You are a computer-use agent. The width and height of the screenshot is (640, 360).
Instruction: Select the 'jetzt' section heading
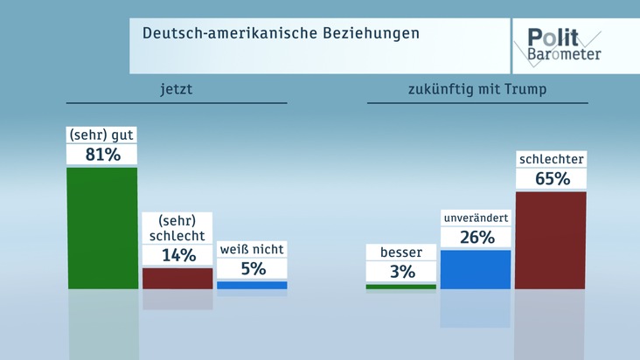177,89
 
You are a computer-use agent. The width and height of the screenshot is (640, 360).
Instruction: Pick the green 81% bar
102,227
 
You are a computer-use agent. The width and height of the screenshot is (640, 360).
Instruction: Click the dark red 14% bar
177,278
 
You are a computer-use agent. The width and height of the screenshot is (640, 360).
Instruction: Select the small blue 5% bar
252,285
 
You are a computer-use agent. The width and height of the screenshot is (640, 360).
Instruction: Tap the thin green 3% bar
400,286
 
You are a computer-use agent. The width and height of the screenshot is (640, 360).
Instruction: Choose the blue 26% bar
475,269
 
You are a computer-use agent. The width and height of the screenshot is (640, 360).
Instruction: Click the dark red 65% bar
550,239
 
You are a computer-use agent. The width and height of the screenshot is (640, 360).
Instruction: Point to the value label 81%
102,155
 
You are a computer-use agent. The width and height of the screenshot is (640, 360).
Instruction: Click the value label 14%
177,255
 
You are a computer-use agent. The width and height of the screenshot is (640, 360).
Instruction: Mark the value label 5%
252,269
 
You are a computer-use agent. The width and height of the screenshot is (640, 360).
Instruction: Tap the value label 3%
400,272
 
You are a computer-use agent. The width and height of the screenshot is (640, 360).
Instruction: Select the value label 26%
475,238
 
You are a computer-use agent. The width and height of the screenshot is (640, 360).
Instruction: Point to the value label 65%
550,179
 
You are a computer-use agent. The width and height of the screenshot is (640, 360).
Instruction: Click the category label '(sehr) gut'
102,135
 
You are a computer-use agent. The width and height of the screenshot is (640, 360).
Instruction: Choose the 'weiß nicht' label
252,250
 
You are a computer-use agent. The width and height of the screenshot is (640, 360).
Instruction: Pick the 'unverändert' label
475,218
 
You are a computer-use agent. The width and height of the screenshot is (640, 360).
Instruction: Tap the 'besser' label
400,253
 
